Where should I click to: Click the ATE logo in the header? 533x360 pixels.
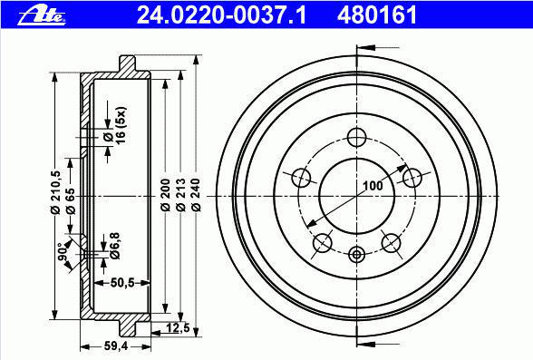click(43, 15)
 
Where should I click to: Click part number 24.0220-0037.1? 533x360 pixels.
click(221, 15)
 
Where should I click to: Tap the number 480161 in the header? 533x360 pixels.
click(377, 15)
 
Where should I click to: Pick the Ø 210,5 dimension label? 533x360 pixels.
click(54, 192)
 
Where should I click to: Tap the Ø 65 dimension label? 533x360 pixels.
click(70, 199)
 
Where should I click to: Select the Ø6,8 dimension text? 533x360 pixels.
click(115, 246)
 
